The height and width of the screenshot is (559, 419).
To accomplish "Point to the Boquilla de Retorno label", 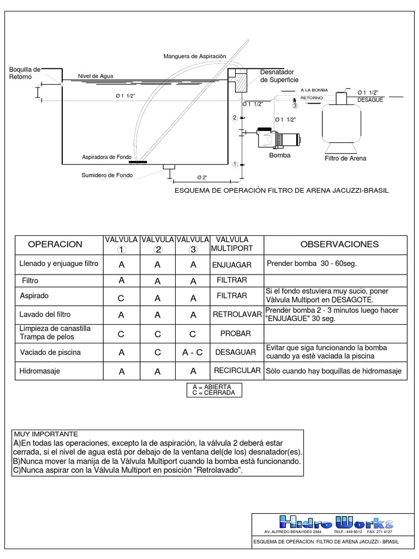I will pyautogui.click(x=25, y=73).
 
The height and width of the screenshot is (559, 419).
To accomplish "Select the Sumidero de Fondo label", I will pyautogui.click(x=107, y=175).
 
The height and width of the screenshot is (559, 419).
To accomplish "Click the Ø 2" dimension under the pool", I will pyautogui.click(x=201, y=178).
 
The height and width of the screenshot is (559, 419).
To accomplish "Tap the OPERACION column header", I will pyautogui.click(x=55, y=245).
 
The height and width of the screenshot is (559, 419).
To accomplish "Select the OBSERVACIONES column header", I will pyautogui.click(x=339, y=244).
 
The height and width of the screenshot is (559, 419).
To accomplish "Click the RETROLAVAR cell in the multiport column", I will pyautogui.click(x=237, y=315).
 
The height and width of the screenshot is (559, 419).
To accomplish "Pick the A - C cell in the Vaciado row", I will pyautogui.click(x=192, y=353).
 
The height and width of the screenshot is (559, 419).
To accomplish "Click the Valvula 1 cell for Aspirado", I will pyautogui.click(x=121, y=298).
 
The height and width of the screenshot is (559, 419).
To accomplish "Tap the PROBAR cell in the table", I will pyautogui.click(x=236, y=333).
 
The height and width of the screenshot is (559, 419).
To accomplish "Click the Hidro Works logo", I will pyautogui.click(x=335, y=522).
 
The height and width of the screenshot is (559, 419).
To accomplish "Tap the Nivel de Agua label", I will pyautogui.click(x=95, y=76).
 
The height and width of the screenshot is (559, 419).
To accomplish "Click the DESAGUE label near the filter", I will pyautogui.click(x=370, y=100).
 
